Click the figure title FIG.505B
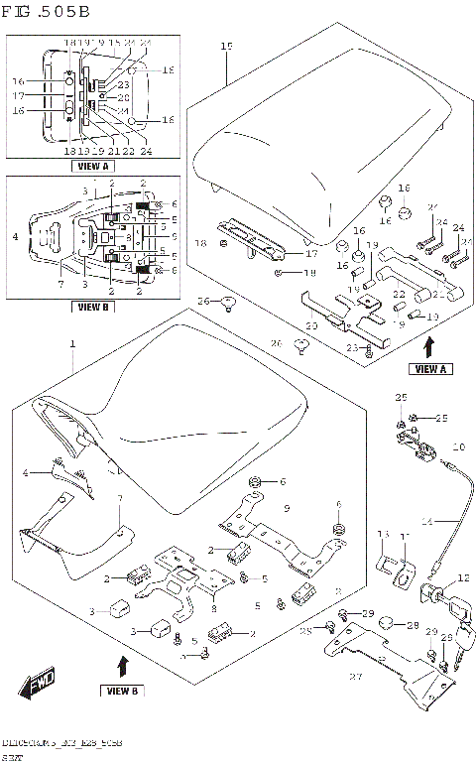point(47,13)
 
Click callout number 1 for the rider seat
point(71,343)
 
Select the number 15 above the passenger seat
point(225,47)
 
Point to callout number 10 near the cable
point(458,447)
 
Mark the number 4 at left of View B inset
point(15,237)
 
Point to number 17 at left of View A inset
point(17,96)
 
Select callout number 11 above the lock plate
point(403,535)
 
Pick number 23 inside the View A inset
point(123,86)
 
